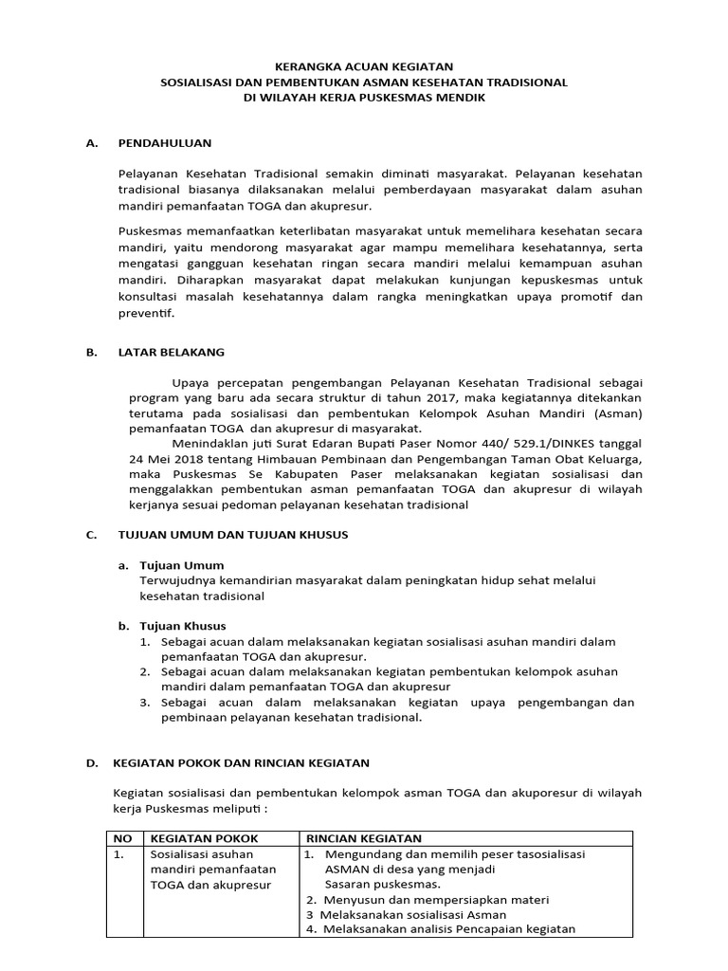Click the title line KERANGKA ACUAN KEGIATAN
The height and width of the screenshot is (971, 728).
(364, 66)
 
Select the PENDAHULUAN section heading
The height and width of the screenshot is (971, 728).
(164, 143)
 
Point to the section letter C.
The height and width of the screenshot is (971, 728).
(91, 535)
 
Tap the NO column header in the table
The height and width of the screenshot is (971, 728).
(121, 838)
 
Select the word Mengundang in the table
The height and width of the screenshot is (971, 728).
(357, 853)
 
